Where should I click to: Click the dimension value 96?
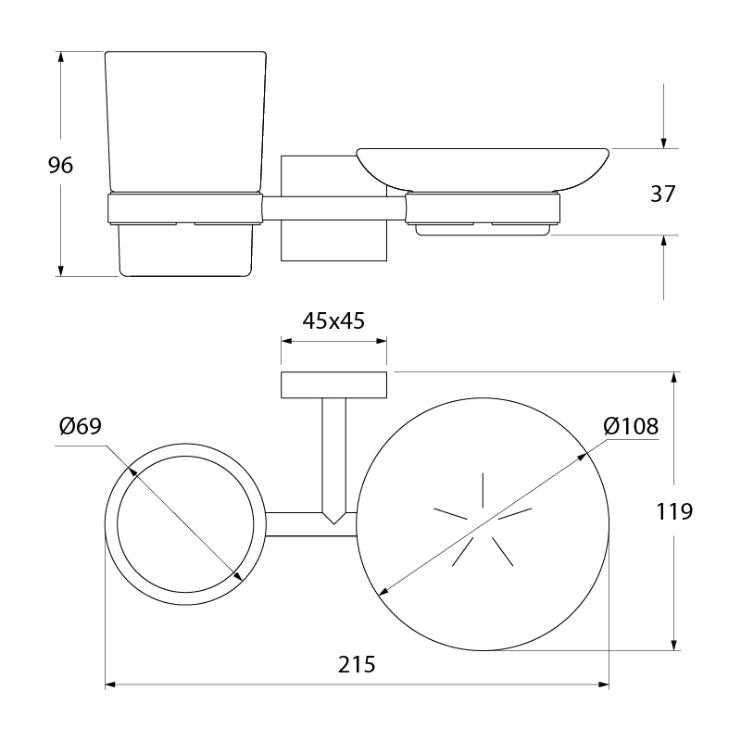point(61,166)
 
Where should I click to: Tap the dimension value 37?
point(663,194)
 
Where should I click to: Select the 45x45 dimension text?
point(333,320)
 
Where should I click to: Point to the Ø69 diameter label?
point(81,426)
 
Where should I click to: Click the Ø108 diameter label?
point(631,427)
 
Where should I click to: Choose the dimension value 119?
point(674,511)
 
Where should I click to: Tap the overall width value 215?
point(357,664)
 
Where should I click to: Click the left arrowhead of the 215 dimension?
point(110,684)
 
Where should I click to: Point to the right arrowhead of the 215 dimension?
point(603,684)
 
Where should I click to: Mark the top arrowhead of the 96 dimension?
point(60,57)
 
